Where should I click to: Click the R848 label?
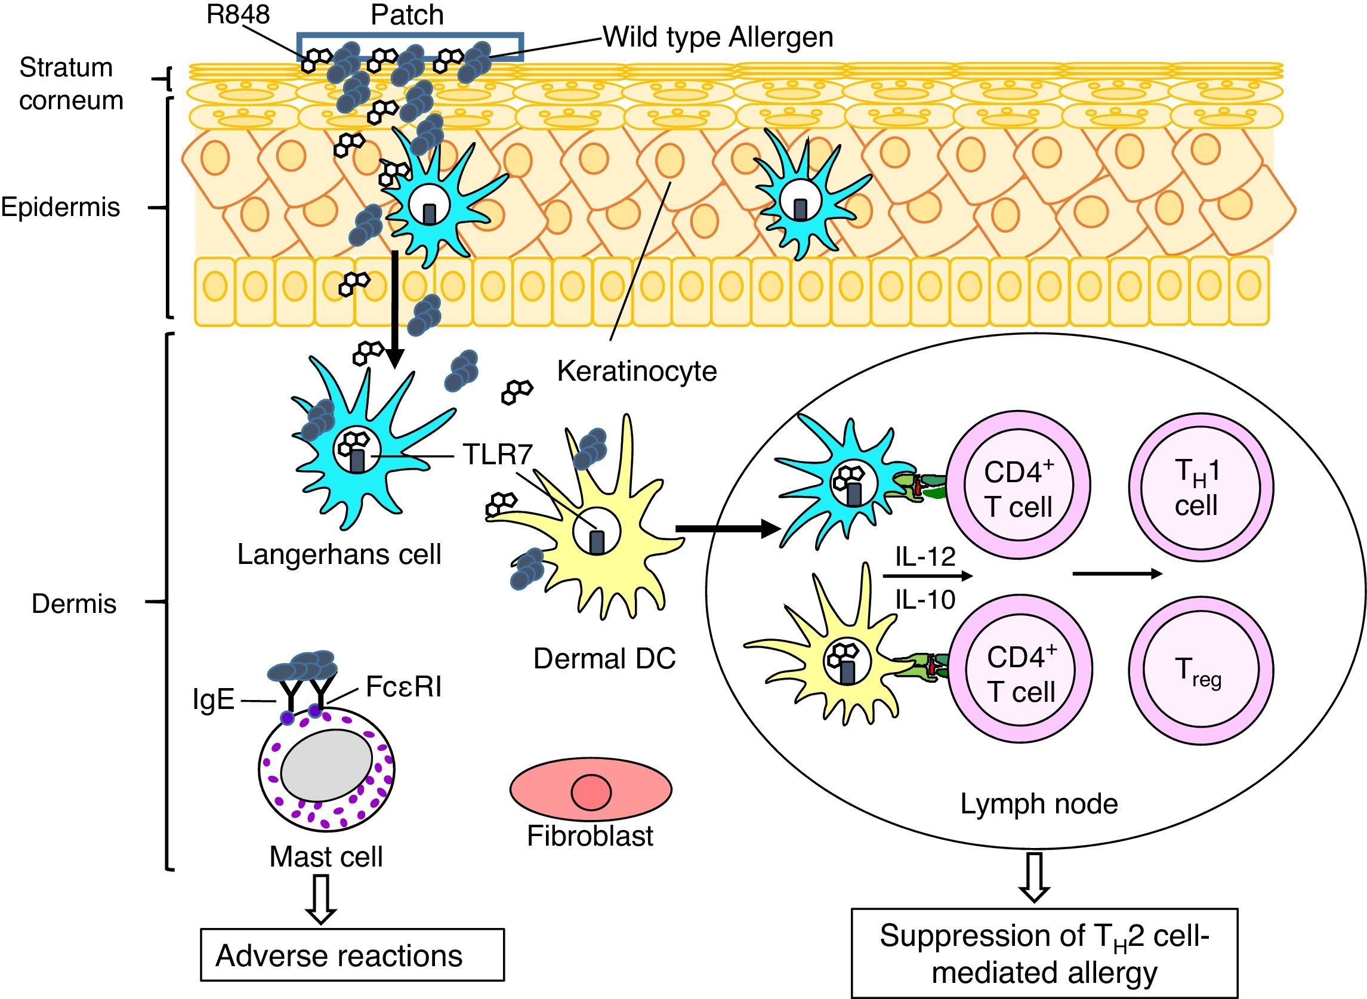[x=237, y=14]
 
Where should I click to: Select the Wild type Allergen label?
[x=718, y=38]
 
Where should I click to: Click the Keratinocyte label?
[x=637, y=371]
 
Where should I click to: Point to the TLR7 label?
[x=498, y=455]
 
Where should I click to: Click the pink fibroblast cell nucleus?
[x=591, y=792]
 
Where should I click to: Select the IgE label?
[x=214, y=700]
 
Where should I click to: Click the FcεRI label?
[x=403, y=687]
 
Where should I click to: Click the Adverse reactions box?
[x=352, y=955]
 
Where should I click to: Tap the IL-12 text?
[x=925, y=556]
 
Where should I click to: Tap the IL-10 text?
[x=925, y=599]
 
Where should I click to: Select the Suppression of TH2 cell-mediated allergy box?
[x=1044, y=954]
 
